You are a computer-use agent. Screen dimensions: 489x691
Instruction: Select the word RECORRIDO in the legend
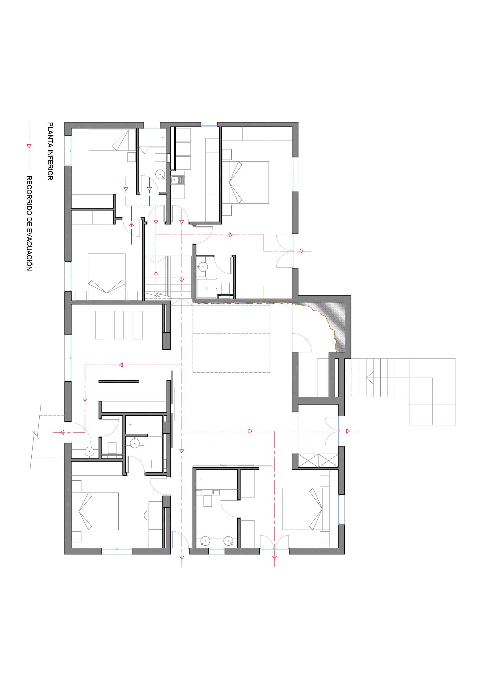(x=29, y=197)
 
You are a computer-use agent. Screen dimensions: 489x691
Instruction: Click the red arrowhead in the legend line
(x=29, y=146)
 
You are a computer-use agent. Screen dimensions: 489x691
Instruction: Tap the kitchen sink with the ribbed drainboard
(x=178, y=180)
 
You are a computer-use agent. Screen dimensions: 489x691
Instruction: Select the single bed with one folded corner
(x=112, y=140)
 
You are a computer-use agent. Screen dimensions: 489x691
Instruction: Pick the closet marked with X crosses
(x=318, y=461)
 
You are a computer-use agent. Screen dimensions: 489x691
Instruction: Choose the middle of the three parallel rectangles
(x=119, y=325)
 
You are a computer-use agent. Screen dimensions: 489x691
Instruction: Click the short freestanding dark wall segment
(x=119, y=382)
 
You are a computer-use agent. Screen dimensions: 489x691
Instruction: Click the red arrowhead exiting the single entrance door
(x=62, y=433)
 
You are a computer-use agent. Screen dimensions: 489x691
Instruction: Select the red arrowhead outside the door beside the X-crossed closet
(x=348, y=431)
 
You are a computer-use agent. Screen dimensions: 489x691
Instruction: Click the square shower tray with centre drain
(x=206, y=288)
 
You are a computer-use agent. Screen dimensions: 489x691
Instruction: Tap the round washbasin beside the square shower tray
(x=203, y=267)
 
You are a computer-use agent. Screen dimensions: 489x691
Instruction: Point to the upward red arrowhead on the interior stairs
(x=156, y=274)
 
